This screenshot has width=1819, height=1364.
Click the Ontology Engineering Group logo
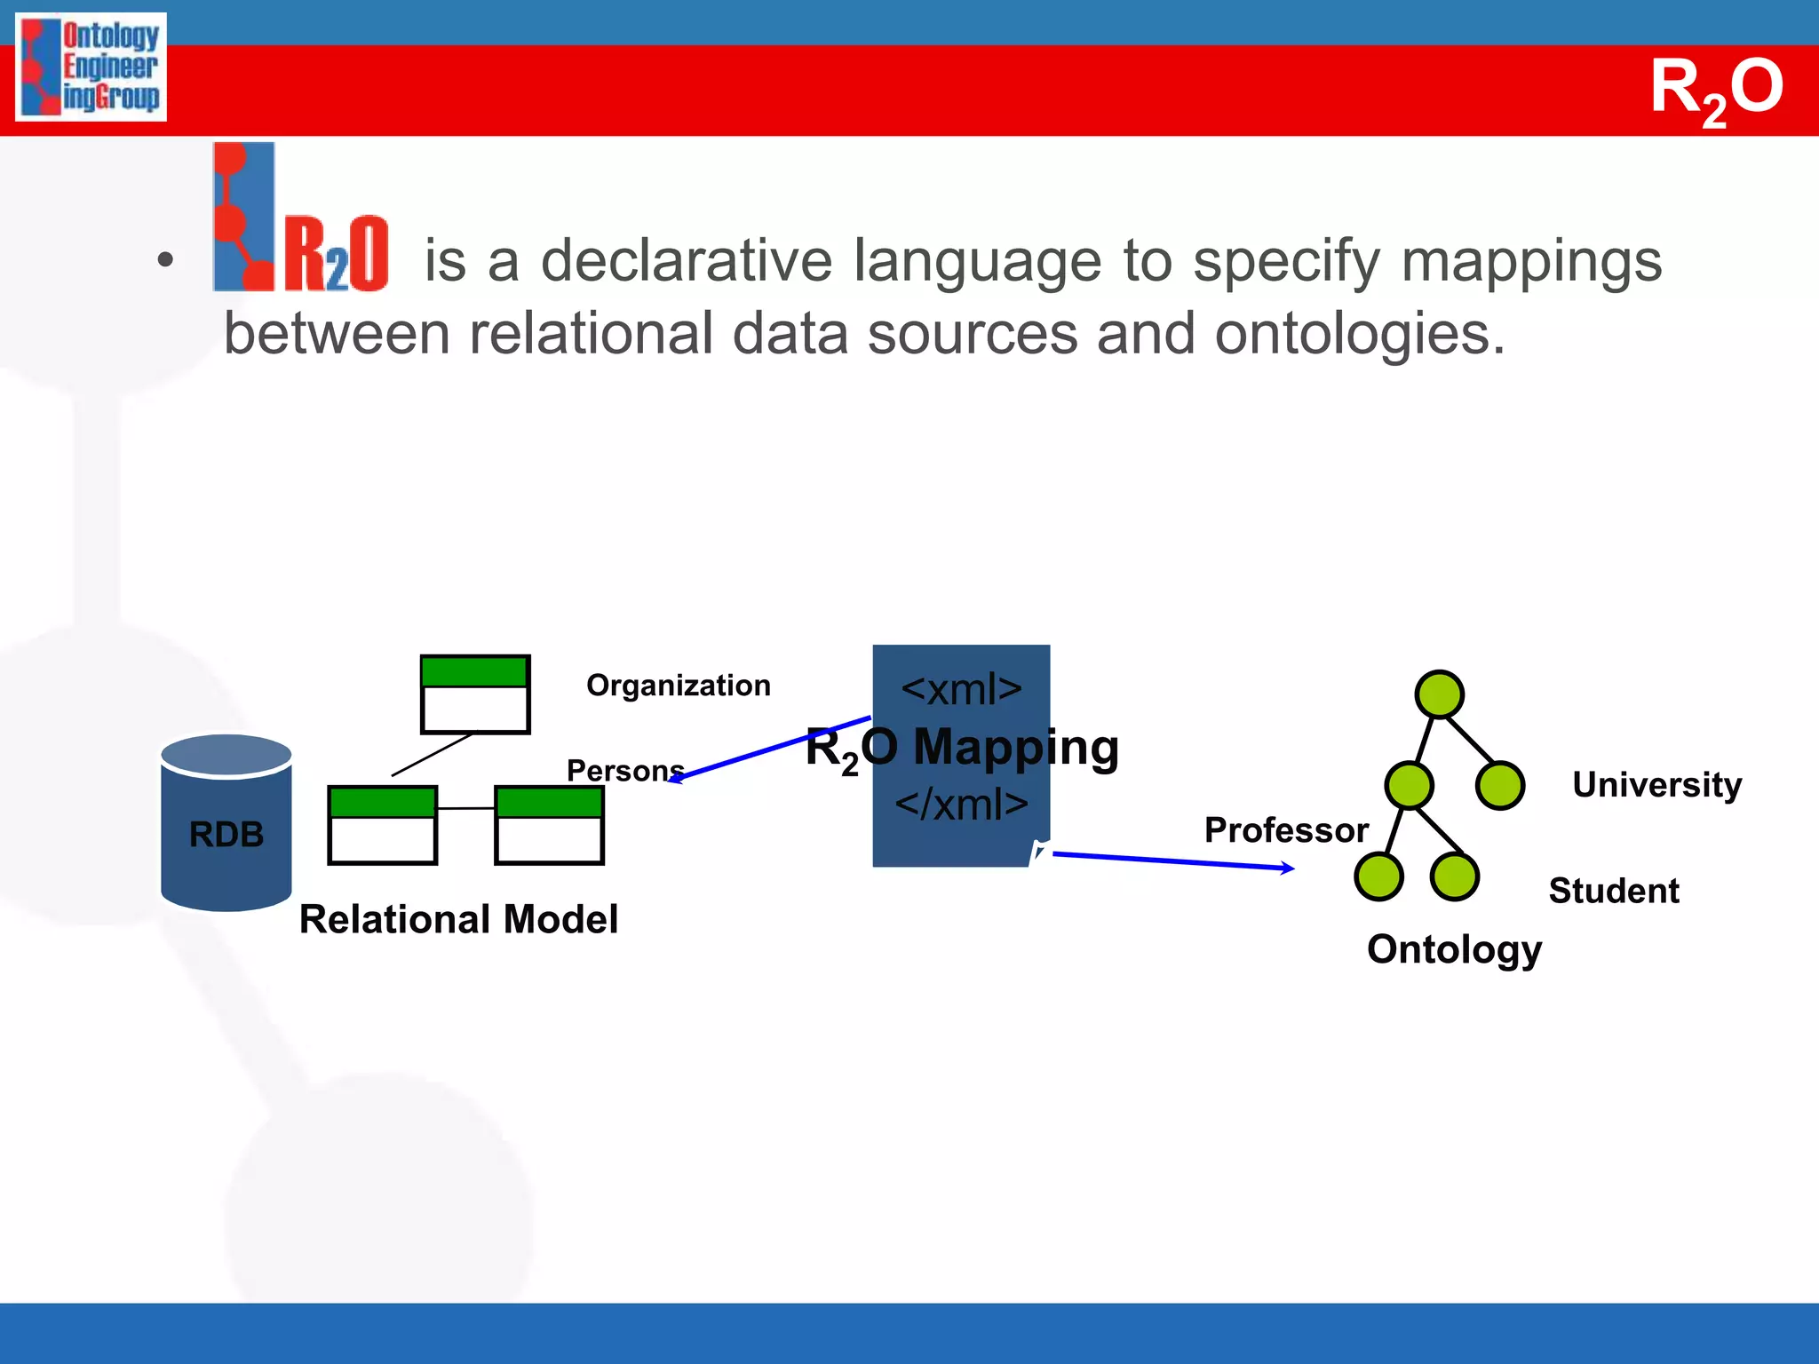click(91, 67)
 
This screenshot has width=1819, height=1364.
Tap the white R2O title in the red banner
click(1716, 89)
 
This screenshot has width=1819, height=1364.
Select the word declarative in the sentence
click(687, 261)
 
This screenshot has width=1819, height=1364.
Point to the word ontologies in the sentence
click(1359, 334)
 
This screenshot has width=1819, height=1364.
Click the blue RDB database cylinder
click(226, 822)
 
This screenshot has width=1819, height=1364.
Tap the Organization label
click(679, 686)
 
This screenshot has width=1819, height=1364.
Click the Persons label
click(625, 770)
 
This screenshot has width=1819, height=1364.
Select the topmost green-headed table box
click(475, 694)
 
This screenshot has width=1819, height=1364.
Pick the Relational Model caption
click(458, 919)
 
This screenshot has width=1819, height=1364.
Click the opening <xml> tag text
click(961, 689)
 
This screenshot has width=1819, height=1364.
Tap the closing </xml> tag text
click(961, 805)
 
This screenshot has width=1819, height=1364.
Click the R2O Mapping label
click(962, 748)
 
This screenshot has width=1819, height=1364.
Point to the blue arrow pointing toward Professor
click(1172, 861)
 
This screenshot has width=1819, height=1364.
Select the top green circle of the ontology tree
click(1439, 694)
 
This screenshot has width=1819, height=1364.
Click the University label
click(1656, 785)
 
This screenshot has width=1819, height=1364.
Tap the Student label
click(1613, 891)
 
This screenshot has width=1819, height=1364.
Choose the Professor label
click(1285, 830)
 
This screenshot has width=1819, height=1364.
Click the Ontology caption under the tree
click(1454, 949)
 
